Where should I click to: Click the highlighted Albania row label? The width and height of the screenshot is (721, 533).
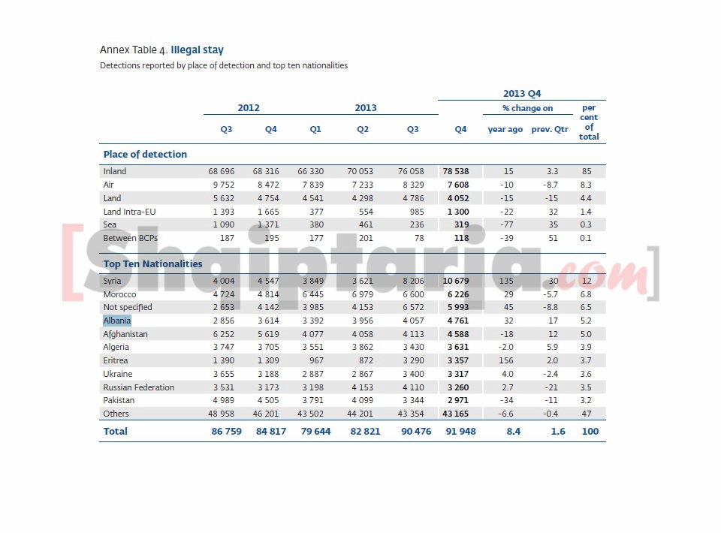(116, 321)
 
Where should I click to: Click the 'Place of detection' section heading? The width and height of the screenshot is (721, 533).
(145, 155)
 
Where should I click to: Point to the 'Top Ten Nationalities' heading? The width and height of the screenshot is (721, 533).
(152, 264)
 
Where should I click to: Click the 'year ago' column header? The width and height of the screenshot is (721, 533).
(505, 130)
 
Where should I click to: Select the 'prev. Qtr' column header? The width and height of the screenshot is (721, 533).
(550, 130)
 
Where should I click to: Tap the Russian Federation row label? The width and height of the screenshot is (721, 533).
(138, 387)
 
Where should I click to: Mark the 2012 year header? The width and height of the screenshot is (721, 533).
(249, 108)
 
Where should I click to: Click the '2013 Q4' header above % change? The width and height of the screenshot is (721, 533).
(521, 94)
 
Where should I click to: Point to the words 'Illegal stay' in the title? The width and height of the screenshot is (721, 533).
(197, 50)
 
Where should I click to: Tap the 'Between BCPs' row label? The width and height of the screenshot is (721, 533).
(130, 238)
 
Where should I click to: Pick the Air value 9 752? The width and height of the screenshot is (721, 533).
(225, 185)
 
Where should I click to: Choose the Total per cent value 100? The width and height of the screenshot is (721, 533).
(590, 432)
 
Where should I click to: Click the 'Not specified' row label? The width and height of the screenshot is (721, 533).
(127, 307)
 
